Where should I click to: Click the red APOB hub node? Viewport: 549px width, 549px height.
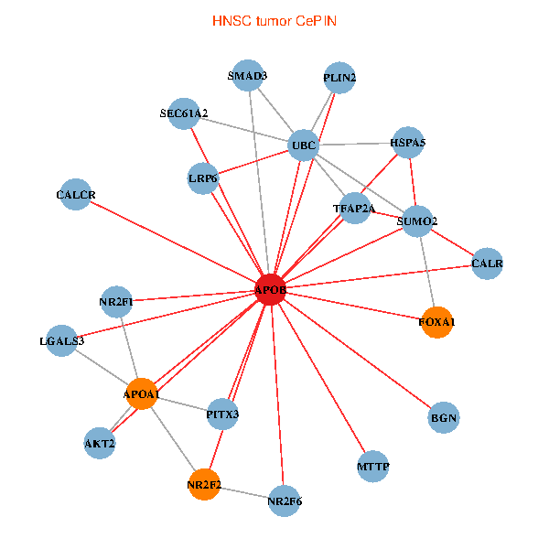click(x=271, y=290)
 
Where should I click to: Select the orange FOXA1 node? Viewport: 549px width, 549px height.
click(x=436, y=322)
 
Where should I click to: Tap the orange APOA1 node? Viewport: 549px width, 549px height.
click(x=142, y=394)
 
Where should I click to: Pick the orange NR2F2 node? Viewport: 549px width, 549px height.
click(x=205, y=484)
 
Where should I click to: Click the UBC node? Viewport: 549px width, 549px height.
click(x=303, y=145)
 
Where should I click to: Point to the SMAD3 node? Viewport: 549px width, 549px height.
click(x=248, y=76)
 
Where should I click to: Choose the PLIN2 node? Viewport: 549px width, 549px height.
click(x=339, y=79)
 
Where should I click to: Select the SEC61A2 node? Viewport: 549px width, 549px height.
click(x=184, y=113)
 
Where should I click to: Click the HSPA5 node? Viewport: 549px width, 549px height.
click(x=407, y=143)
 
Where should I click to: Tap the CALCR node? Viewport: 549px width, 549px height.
click(x=75, y=195)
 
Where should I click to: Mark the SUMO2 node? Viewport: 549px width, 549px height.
click(x=417, y=221)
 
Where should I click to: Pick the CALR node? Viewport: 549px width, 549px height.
click(x=487, y=264)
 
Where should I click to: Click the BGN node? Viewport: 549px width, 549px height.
click(x=443, y=418)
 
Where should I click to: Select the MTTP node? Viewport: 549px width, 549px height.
click(x=373, y=468)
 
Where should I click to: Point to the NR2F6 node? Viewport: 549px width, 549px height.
click(x=285, y=501)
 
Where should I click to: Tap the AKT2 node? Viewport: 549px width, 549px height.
click(x=100, y=443)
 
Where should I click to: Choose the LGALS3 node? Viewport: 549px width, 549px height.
click(x=62, y=341)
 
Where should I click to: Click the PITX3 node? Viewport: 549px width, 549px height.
click(x=222, y=414)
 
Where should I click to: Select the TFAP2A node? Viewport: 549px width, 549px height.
click(x=353, y=209)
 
